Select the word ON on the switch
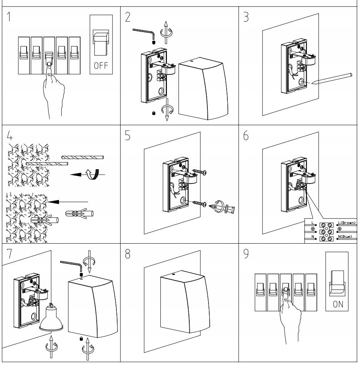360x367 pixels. coord(338,305)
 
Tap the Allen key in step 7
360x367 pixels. coord(71,264)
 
